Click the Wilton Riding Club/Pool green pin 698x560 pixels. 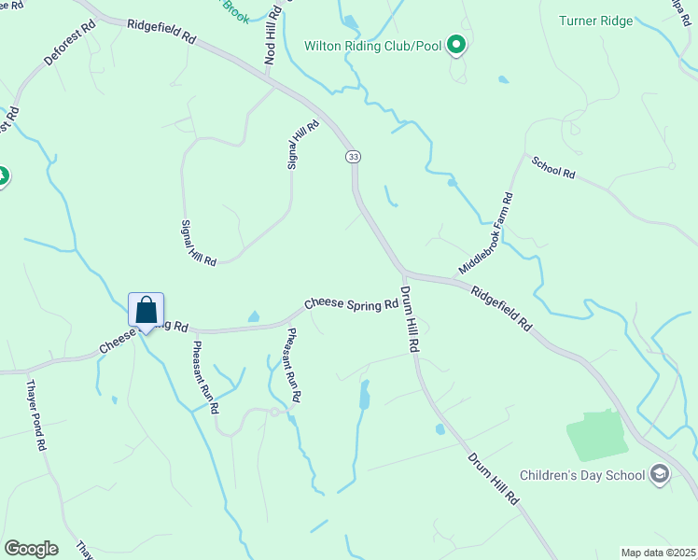coord(455,45)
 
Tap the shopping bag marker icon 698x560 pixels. coord(147,310)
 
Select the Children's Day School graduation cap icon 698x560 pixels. coord(661,474)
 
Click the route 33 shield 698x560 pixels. coord(352,157)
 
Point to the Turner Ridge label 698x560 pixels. coord(595,21)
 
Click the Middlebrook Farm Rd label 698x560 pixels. coord(486,233)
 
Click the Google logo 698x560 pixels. coord(31,549)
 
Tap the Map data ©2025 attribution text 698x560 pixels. coord(657,553)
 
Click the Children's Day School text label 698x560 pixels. coord(583,475)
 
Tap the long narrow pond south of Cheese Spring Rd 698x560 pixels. coord(364,395)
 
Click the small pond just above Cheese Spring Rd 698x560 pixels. coord(253,317)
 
